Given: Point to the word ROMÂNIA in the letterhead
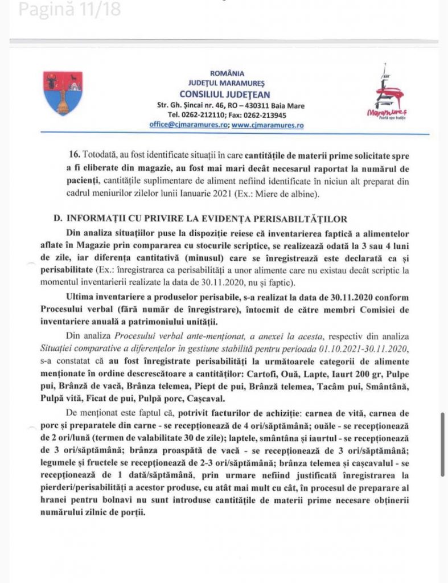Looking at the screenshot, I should click(227, 73).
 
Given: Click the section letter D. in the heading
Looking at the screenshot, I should click(57, 219).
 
